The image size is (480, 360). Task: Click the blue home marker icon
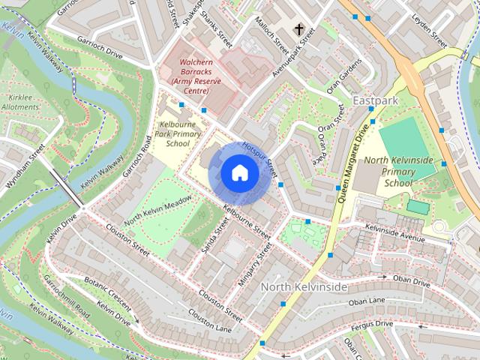tap(239, 172)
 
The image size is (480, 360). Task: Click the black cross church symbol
tap(299, 30)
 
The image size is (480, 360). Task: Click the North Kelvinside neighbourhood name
tap(304, 287)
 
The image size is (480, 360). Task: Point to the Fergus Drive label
tap(373, 324)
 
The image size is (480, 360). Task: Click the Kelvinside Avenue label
tap(395, 232)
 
